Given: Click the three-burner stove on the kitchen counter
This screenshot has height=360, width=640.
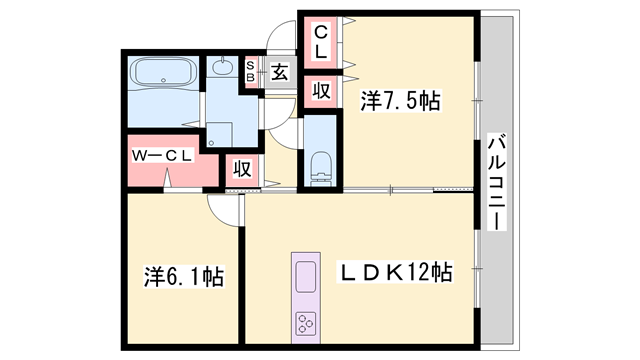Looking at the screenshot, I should pyautogui.click(x=305, y=324).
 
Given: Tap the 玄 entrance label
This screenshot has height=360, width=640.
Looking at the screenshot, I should pyautogui.click(x=279, y=72).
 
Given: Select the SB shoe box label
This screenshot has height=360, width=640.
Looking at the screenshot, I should pyautogui.click(x=252, y=71).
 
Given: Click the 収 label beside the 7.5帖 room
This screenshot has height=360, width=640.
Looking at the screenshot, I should pyautogui.click(x=321, y=91).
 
